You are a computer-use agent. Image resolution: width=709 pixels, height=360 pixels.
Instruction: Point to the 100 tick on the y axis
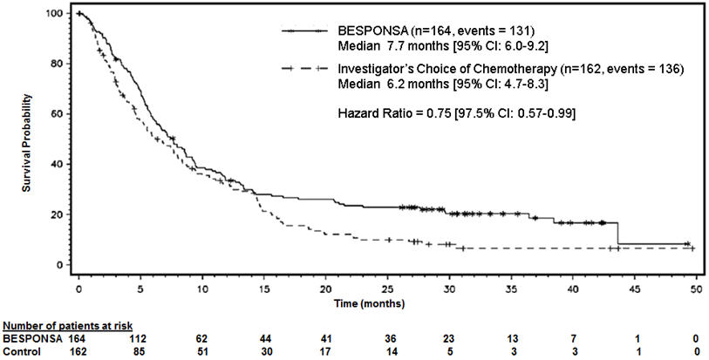pyautogui.click(x=59, y=15)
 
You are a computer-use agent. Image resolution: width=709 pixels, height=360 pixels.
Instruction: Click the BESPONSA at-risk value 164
pyautogui.click(x=78, y=337)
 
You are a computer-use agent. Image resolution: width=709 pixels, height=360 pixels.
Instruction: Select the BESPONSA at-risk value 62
pyautogui.click(x=201, y=337)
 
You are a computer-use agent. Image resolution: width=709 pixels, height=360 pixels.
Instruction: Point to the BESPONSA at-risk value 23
pyautogui.click(x=448, y=337)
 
